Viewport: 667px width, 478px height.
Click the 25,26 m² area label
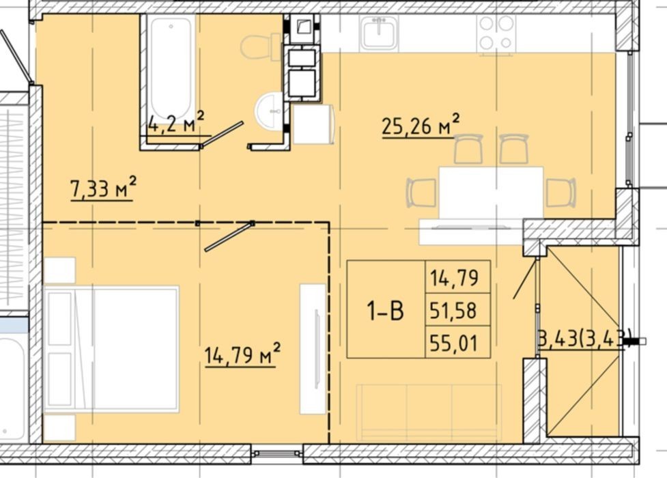(421, 126)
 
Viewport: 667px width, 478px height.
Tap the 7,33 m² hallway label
(103, 188)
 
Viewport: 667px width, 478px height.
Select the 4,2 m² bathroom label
(176, 124)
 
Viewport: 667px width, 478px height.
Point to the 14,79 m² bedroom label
(242, 354)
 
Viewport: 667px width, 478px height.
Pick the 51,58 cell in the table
(453, 310)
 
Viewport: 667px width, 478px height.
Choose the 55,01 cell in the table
(453, 343)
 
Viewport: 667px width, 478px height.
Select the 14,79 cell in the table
(453, 277)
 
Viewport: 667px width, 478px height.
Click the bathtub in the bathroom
(171, 68)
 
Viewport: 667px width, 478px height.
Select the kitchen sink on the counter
(379, 33)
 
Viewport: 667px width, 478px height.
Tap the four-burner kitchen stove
(496, 33)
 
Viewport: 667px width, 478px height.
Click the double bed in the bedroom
(111, 349)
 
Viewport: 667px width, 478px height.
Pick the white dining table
(491, 193)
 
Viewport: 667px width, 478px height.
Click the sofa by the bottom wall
(429, 412)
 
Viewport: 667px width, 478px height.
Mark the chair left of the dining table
(422, 193)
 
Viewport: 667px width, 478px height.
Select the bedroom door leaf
(229, 237)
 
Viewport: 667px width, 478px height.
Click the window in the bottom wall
(277, 453)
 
